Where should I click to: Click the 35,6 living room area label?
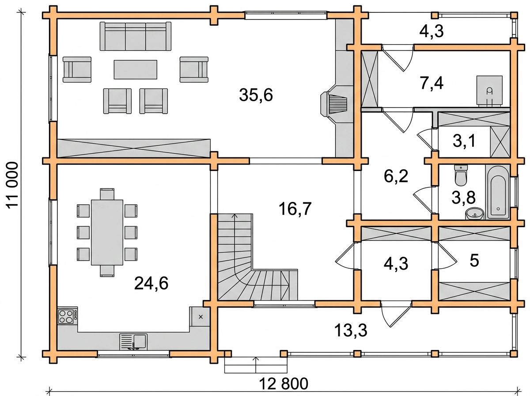(x=256, y=95)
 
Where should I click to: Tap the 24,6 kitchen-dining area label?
(x=151, y=283)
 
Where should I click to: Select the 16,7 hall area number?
(x=295, y=209)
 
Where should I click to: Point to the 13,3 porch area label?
(x=351, y=331)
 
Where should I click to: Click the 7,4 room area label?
(x=432, y=84)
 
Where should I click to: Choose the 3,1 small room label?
(x=464, y=141)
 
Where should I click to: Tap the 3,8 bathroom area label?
(x=463, y=198)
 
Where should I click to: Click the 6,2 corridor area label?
(x=396, y=176)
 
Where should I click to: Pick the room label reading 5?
(x=474, y=261)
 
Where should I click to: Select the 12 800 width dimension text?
(x=284, y=384)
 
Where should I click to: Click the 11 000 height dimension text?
(x=12, y=186)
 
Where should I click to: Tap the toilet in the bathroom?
(x=461, y=175)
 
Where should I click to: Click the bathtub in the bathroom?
(x=498, y=192)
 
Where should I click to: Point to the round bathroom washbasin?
(x=475, y=213)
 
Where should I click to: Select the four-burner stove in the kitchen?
(x=68, y=316)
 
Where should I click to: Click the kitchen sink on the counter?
(x=133, y=342)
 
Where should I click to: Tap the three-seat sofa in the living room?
(x=136, y=36)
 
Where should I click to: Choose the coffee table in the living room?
(x=136, y=69)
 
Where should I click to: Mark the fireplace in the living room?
(x=334, y=104)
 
